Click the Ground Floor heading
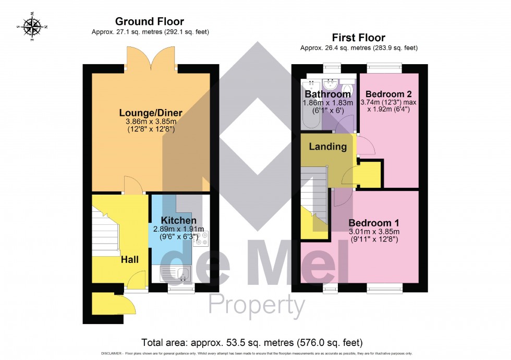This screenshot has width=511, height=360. (x=149, y=21)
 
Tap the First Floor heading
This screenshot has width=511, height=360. (x=358, y=38)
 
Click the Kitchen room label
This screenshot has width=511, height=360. (x=178, y=220)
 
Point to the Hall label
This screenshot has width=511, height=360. (x=130, y=259)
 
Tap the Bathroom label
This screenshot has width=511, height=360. (x=327, y=94)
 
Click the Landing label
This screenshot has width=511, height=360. (x=327, y=147)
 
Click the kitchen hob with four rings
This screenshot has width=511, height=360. (x=201, y=238)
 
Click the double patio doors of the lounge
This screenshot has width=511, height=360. (x=152, y=58)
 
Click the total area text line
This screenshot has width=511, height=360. (x=252, y=343)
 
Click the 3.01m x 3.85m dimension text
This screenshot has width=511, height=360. (x=374, y=232)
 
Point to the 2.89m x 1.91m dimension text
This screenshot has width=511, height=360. (x=178, y=229)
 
